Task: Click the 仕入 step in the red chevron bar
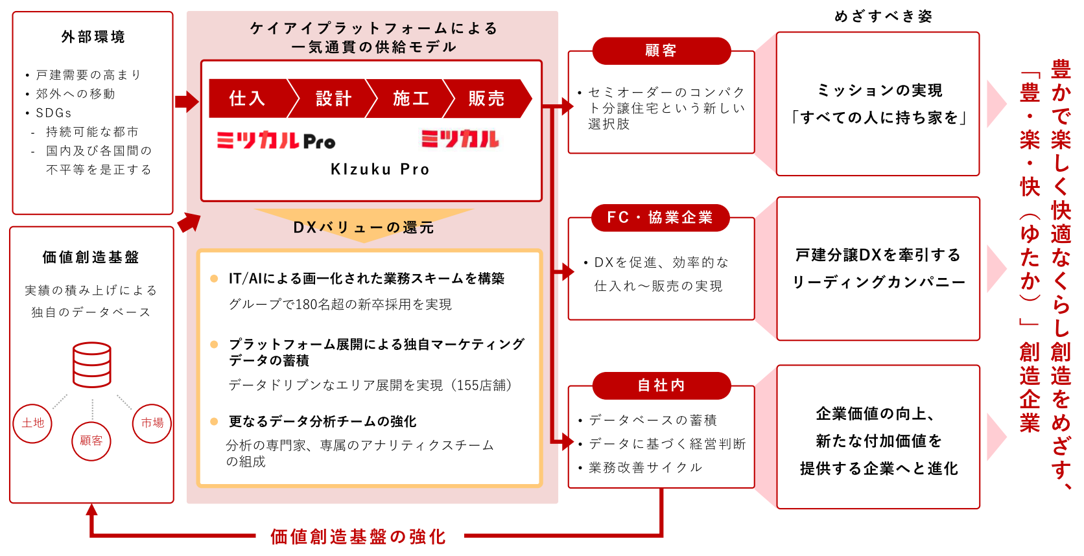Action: (x=247, y=98)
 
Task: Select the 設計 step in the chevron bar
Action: (x=333, y=98)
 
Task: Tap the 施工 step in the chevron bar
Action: (x=410, y=98)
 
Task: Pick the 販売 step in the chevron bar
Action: (x=486, y=98)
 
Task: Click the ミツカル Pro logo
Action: (x=276, y=140)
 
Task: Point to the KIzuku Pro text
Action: (x=380, y=170)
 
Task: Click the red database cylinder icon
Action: (x=92, y=365)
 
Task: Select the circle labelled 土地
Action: (x=32, y=423)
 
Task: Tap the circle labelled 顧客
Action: (x=91, y=441)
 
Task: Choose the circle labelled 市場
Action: (x=152, y=423)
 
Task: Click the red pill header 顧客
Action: (x=661, y=51)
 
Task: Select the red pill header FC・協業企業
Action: (x=660, y=218)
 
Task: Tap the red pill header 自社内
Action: (x=661, y=386)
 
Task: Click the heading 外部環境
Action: (x=93, y=37)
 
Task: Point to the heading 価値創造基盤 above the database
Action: (x=91, y=257)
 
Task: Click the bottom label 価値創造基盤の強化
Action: (x=358, y=537)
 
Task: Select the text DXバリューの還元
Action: (x=364, y=227)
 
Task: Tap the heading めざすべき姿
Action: (x=884, y=16)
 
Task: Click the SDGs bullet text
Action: (x=54, y=113)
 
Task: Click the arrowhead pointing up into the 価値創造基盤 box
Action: (x=92, y=510)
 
